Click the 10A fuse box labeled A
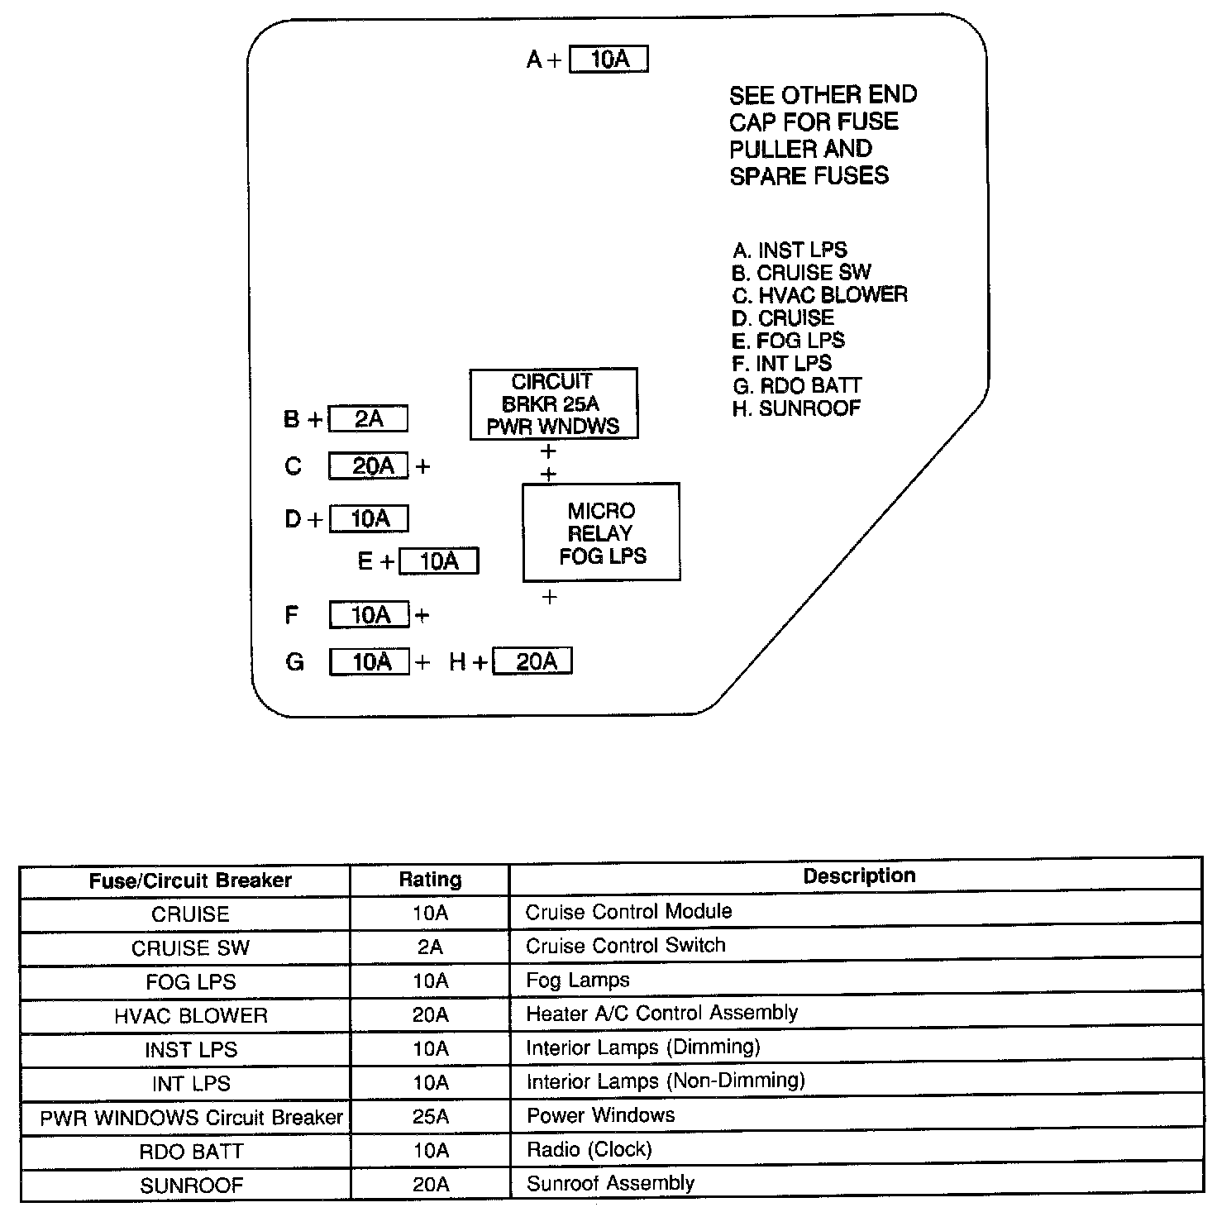click(608, 60)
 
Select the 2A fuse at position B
click(368, 419)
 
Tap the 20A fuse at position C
click(369, 466)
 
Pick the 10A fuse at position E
click(438, 562)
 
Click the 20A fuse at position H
click(532, 661)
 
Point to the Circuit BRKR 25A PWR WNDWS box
click(553, 403)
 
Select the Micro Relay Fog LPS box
click(601, 532)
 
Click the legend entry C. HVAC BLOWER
click(819, 295)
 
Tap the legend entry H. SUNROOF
click(796, 408)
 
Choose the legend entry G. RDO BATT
click(797, 386)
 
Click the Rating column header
click(430, 880)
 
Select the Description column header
click(859, 876)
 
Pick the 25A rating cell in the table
click(430, 1117)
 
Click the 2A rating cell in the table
click(430, 947)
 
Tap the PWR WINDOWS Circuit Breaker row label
click(191, 1118)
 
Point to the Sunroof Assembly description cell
click(610, 1183)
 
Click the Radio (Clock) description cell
click(589, 1149)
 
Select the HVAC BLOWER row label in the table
click(191, 1015)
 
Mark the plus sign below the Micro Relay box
click(549, 597)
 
